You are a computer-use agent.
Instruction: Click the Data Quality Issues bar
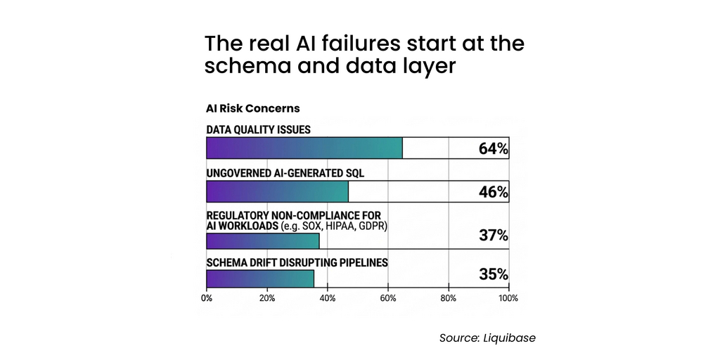(304, 148)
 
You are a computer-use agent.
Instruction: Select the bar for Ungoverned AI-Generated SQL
(277, 192)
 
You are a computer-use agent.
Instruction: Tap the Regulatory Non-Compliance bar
(262, 241)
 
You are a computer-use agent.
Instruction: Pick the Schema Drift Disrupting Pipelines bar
(260, 278)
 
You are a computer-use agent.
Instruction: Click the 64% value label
(493, 148)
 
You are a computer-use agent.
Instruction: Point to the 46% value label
(493, 192)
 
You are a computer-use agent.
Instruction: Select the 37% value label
(493, 235)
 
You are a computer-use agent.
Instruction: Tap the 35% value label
(493, 274)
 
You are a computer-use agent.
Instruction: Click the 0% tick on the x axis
(207, 298)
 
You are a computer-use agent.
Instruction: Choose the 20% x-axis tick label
(266, 298)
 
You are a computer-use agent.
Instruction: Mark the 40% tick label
(327, 298)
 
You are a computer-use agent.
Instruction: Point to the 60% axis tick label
(387, 298)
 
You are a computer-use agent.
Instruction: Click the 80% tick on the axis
(448, 298)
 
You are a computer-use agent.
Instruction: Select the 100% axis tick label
(508, 298)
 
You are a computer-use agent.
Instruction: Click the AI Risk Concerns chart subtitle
(252, 108)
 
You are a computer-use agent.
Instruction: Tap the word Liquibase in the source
(510, 338)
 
